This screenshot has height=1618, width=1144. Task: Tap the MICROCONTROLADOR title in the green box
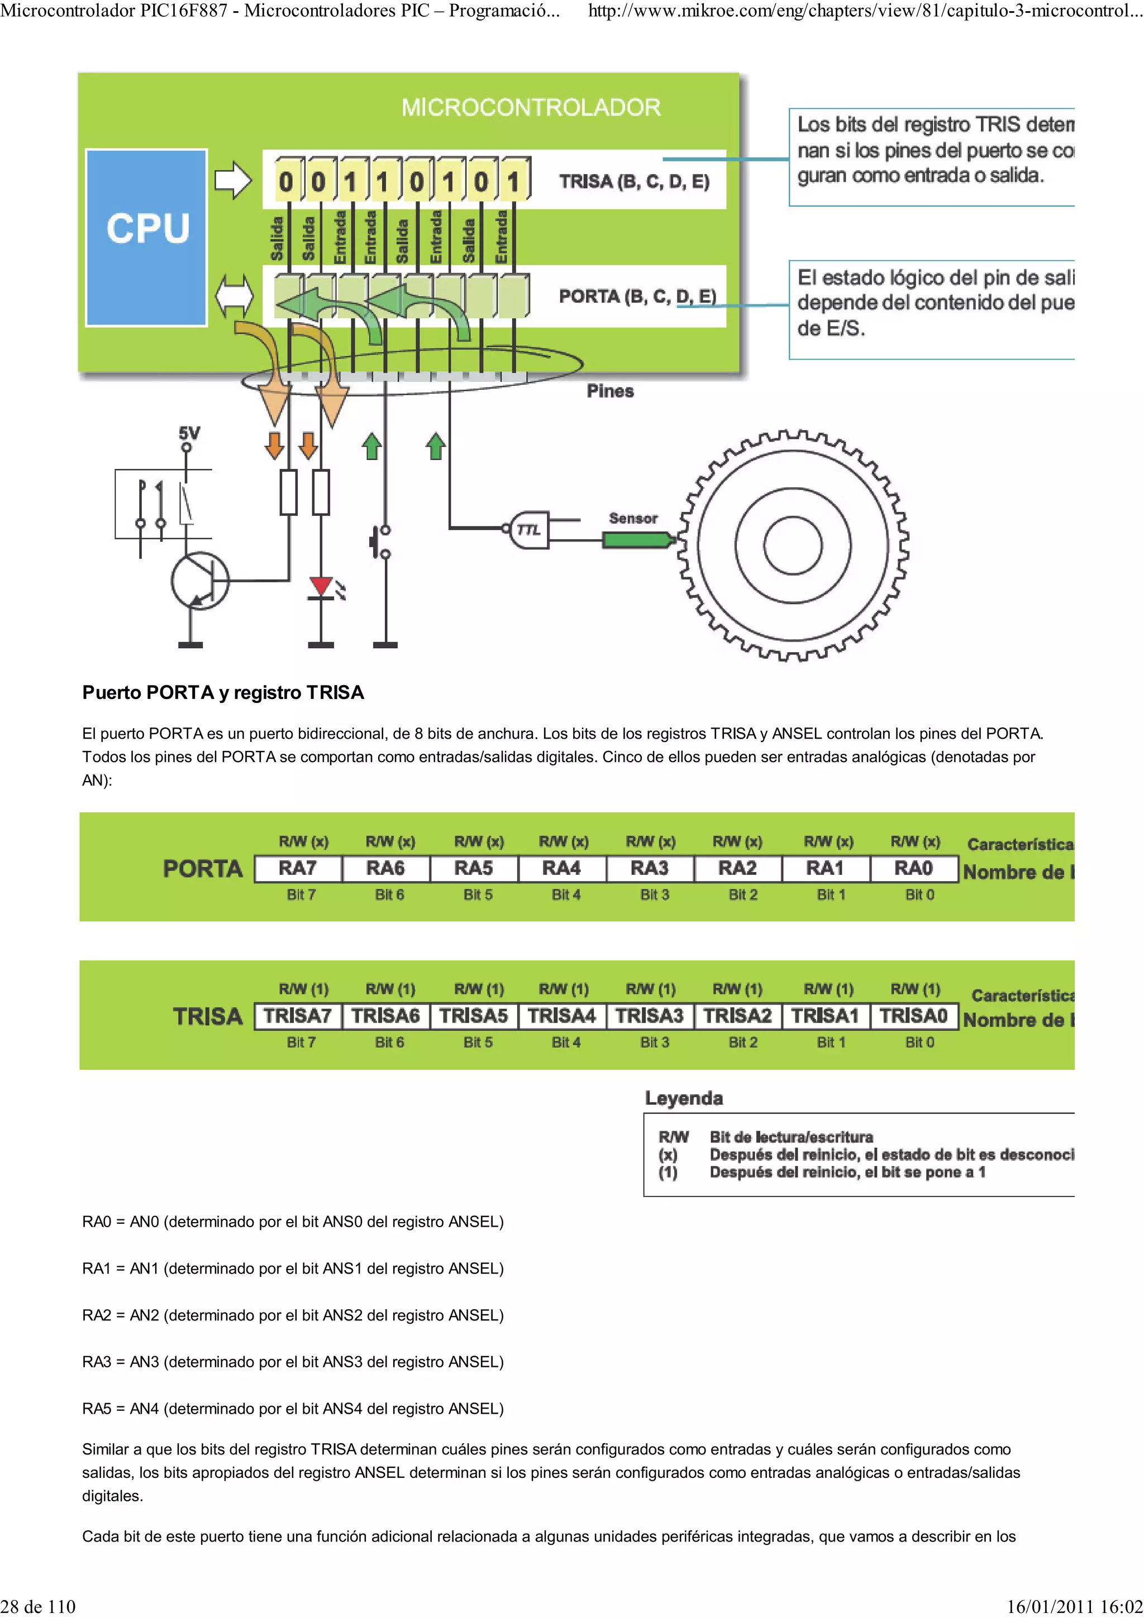(531, 108)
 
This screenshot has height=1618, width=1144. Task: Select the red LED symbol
(321, 586)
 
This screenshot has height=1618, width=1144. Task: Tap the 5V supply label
(189, 433)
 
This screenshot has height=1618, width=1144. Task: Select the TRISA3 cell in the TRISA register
(649, 1016)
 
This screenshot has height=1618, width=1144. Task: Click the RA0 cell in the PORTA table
(913, 868)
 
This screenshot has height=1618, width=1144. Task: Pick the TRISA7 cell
(298, 1016)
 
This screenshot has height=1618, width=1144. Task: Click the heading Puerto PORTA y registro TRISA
(223, 693)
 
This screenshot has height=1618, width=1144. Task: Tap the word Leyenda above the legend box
(684, 1098)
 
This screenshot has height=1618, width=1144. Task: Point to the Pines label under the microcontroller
(610, 391)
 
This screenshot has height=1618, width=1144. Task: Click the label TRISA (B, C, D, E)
(633, 182)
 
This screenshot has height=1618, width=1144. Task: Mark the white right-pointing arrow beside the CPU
(232, 180)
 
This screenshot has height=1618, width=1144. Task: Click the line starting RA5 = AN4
(293, 1409)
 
